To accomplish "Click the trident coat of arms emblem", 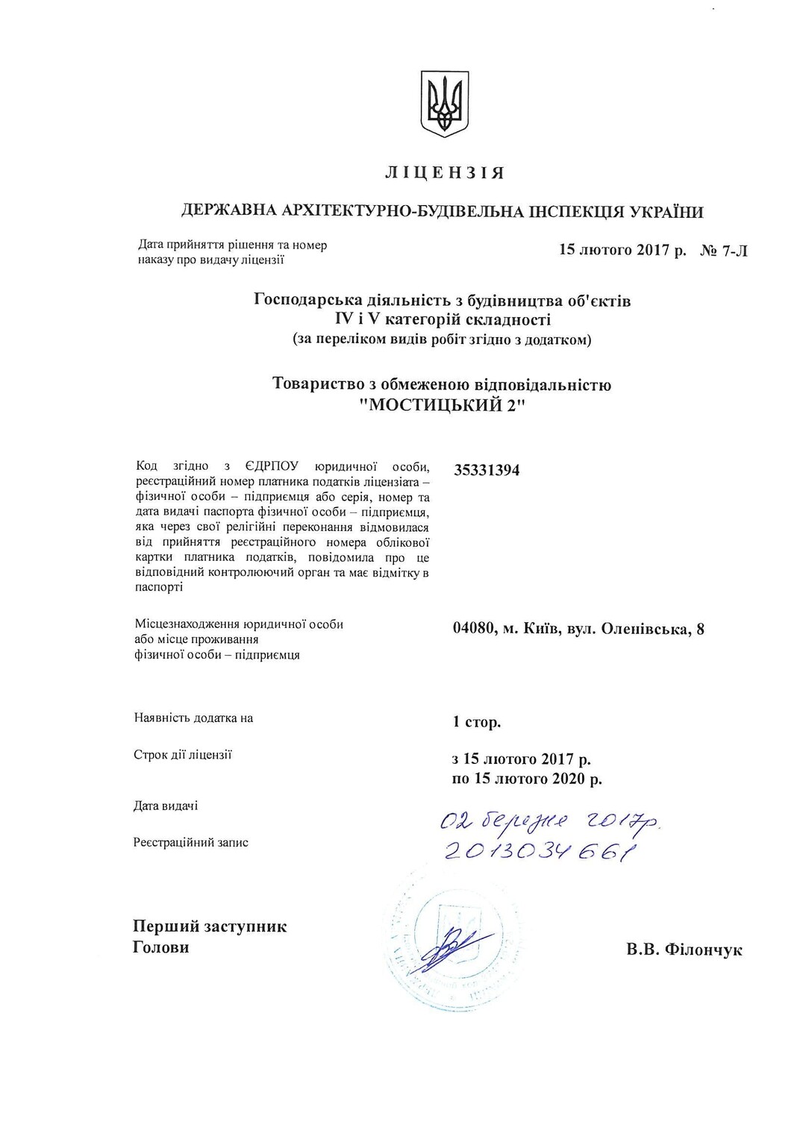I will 445,104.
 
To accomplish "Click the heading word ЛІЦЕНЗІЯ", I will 445,173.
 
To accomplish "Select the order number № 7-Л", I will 723,251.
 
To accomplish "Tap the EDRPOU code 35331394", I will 487,471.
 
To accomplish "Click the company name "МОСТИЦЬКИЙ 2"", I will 443,406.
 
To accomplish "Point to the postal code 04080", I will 473,629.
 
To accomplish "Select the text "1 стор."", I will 477,722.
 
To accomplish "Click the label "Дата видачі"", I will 166,806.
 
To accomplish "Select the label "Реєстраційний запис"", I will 191,843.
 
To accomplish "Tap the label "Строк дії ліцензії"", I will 183,755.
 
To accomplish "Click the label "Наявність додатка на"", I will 193,718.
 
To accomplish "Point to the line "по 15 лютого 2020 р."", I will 527,779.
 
